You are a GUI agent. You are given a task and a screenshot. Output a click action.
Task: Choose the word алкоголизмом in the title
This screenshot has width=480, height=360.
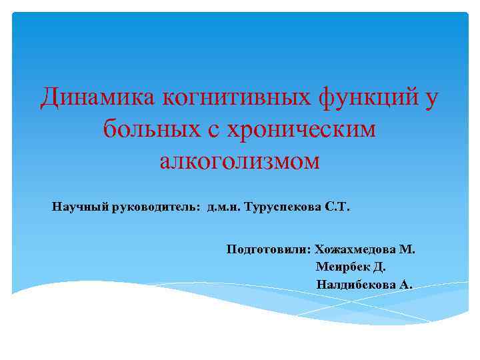tap(240, 161)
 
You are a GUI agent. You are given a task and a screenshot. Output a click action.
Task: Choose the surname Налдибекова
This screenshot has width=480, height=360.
tap(357, 285)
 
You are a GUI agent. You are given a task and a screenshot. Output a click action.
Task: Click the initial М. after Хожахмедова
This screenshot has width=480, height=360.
tap(407, 250)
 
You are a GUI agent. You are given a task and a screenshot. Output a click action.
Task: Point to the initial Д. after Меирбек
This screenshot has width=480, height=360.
tap(379, 267)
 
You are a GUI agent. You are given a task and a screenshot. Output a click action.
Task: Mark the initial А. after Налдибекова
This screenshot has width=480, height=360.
tap(406, 285)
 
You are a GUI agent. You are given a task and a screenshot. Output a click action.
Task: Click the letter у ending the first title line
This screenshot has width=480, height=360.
tap(432, 99)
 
